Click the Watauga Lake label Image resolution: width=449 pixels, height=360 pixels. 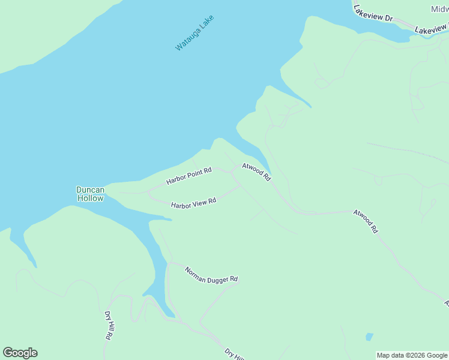tap(194, 32)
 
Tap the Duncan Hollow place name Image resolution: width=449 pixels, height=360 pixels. tap(90, 194)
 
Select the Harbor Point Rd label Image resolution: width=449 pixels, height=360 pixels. tap(189, 176)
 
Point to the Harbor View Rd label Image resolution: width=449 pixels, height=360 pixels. tap(193, 204)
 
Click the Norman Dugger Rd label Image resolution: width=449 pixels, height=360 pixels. tap(211, 275)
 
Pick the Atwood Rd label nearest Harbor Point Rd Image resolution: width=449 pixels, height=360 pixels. tap(257, 172)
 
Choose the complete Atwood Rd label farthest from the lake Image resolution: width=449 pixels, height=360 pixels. tap(366, 221)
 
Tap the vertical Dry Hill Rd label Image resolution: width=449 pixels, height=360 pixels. tap(109, 326)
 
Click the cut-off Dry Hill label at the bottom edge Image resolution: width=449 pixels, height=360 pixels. tap(234, 354)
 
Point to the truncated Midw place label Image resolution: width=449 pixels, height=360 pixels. tap(439, 9)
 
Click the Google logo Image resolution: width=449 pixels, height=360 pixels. tap(20, 353)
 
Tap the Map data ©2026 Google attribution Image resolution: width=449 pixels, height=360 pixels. tap(412, 355)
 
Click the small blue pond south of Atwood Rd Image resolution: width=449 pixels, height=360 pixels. tap(369, 337)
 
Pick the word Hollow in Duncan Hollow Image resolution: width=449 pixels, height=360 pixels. tap(90, 198)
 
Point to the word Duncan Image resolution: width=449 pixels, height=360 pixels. tap(90, 190)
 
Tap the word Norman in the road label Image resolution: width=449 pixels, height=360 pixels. tap(195, 271)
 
